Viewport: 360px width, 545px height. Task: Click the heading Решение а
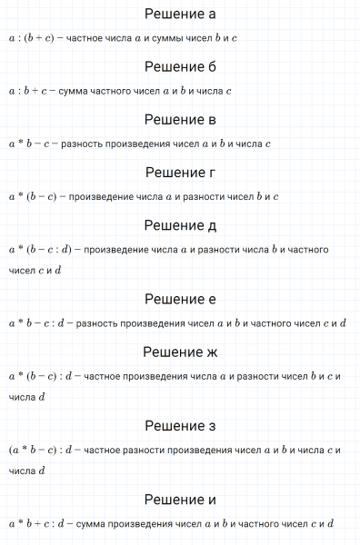coord(180,15)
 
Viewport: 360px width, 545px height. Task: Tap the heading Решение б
coord(180,67)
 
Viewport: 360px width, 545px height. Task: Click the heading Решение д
coord(180,224)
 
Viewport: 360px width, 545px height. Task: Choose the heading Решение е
coord(180,298)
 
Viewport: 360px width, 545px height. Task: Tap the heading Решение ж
coord(180,351)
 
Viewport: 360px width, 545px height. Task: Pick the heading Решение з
coord(180,424)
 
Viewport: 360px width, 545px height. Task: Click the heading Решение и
coord(180,499)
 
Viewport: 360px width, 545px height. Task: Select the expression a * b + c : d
coord(37,523)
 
